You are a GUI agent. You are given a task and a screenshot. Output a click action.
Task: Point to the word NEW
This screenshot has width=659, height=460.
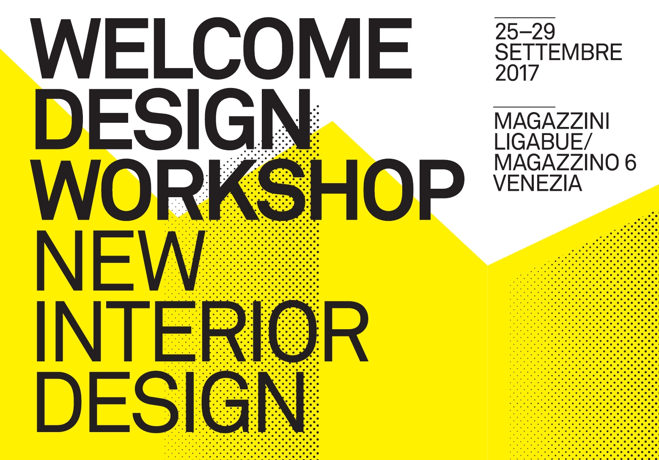click(120, 260)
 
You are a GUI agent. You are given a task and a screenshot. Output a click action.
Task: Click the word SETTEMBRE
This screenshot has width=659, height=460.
click(558, 52)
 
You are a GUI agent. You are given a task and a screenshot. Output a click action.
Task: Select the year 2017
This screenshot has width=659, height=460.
click(516, 73)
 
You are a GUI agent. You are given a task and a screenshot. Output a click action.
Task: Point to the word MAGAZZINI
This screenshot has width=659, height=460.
click(552, 121)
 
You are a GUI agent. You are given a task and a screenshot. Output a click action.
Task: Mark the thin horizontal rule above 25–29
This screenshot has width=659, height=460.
click(525, 18)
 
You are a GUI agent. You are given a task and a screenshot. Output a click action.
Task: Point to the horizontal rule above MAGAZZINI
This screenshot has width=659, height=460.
click(524, 107)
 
